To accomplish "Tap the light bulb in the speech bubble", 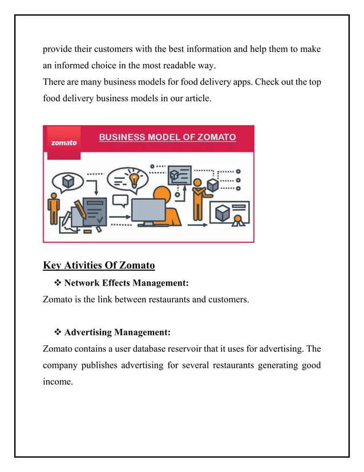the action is tap(134, 179).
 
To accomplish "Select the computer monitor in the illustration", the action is tap(148, 210).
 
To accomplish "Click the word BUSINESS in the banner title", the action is tap(123, 138).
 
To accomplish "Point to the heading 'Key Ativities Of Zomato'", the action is tap(98, 265).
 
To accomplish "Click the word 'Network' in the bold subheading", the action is tap(83, 282).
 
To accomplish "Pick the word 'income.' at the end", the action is tap(58, 381).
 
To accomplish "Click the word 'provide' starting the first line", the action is tap(59, 49).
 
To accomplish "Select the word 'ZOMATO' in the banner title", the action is tap(211, 138).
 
